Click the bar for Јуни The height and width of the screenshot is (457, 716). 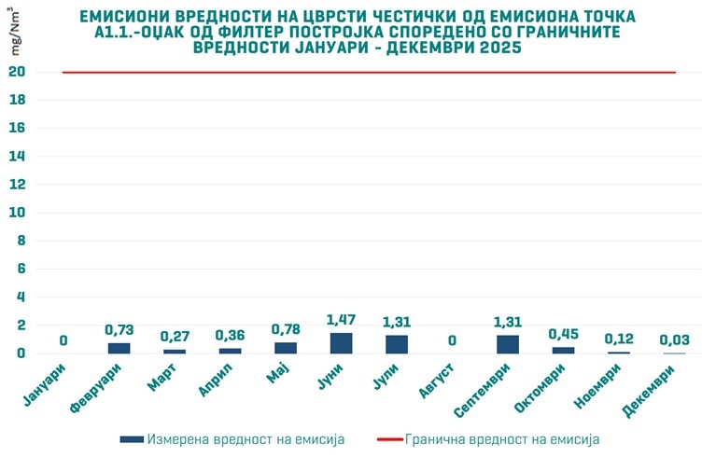[x=342, y=343]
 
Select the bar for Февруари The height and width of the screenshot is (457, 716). [x=119, y=348]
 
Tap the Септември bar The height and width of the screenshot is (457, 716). [x=508, y=344]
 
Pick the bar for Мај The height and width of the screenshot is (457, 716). [x=286, y=348]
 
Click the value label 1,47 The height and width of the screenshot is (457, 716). [x=342, y=321]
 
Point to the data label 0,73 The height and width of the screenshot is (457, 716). [x=119, y=330]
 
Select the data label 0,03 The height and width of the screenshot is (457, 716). [x=674, y=339]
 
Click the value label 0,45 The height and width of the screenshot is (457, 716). [x=563, y=334]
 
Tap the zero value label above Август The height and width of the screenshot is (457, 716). [x=452, y=340]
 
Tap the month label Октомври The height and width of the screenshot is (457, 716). [x=544, y=391]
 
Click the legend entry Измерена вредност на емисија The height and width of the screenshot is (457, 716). [x=232, y=438]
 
